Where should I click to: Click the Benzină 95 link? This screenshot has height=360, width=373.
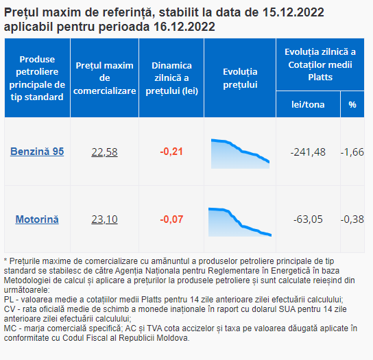[x=37, y=152]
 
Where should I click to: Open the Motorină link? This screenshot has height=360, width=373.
[x=37, y=219]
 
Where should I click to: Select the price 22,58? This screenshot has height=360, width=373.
[x=104, y=152]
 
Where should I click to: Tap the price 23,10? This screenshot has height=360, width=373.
[x=104, y=219]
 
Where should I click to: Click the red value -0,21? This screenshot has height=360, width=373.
[x=171, y=152]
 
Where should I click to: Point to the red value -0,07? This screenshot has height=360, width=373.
[x=171, y=219]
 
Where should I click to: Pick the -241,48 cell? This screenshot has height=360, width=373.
[x=308, y=152]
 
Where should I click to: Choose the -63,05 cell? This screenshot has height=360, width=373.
[x=308, y=219]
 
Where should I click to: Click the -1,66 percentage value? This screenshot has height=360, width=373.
[x=352, y=152]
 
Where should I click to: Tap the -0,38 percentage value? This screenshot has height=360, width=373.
[x=352, y=219]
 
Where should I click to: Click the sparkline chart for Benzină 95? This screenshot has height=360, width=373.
[x=240, y=154]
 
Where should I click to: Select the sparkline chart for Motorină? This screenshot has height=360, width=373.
[x=240, y=222]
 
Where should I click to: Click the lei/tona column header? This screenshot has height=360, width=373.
[x=308, y=104]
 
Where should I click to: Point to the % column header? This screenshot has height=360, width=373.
[x=352, y=104]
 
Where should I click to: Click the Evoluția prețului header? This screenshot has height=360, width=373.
[x=240, y=78]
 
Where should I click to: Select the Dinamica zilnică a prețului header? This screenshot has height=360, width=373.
[x=171, y=78]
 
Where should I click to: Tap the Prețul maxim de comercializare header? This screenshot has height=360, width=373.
[x=104, y=78]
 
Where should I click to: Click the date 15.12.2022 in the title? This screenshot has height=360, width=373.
[x=293, y=12]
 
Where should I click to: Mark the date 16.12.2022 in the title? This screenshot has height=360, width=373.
[x=184, y=27]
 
